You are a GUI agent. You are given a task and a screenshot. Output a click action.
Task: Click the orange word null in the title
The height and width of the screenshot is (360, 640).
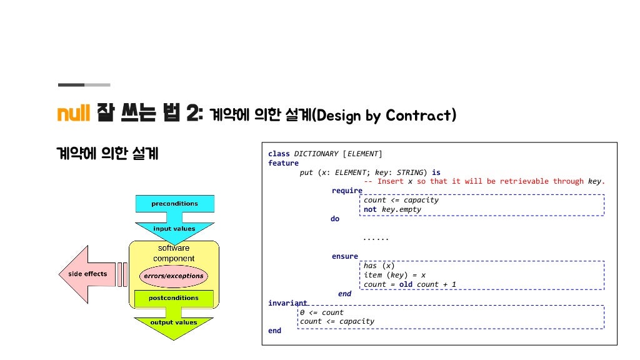pos(74,114)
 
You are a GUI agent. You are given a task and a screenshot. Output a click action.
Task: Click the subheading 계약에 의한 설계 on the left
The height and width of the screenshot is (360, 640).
pos(107,152)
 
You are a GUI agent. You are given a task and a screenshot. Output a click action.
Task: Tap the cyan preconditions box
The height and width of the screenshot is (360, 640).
pos(174,204)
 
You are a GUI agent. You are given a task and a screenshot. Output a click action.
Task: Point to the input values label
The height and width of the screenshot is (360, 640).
pos(174,229)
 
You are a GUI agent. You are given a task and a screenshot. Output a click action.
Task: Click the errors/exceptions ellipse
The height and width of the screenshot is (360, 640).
pos(173,276)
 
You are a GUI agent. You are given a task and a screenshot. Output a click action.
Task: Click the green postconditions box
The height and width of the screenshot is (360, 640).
pos(174,298)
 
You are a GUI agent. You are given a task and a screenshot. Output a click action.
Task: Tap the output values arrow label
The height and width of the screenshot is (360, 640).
pos(174,322)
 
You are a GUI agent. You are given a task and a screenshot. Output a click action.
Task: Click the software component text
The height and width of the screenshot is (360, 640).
pos(174,253)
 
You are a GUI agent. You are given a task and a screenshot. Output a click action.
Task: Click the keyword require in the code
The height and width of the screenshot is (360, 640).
pos(347,191)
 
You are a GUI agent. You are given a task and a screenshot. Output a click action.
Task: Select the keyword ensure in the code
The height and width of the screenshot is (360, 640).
pos(345,256)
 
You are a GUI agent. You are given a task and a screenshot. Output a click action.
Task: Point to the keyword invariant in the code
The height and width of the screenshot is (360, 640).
pos(287,303)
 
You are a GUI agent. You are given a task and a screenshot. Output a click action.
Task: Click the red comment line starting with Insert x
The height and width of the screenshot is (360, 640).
pos(484,181)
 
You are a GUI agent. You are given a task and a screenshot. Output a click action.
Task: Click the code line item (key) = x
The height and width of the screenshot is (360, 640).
pos(394,275)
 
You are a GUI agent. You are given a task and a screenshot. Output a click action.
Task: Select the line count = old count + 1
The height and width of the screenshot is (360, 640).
pos(410,284)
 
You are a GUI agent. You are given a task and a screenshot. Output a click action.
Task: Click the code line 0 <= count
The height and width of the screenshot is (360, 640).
pos(322,312)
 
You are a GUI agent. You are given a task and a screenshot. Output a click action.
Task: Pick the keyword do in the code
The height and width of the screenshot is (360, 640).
pos(335,219)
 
